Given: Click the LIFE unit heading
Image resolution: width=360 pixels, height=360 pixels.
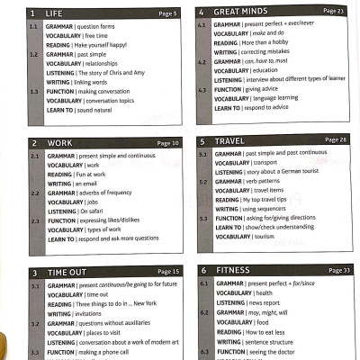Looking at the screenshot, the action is click(54, 13).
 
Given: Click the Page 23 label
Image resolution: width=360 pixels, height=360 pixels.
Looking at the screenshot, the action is click(333, 11).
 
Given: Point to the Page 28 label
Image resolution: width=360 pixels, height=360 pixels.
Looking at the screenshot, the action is click(336, 140).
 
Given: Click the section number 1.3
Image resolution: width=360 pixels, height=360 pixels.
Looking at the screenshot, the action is click(33, 91).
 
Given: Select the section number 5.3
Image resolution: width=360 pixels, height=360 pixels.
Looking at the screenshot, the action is click(202, 218).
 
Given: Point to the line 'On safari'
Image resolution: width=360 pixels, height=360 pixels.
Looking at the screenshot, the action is click(94, 211).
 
